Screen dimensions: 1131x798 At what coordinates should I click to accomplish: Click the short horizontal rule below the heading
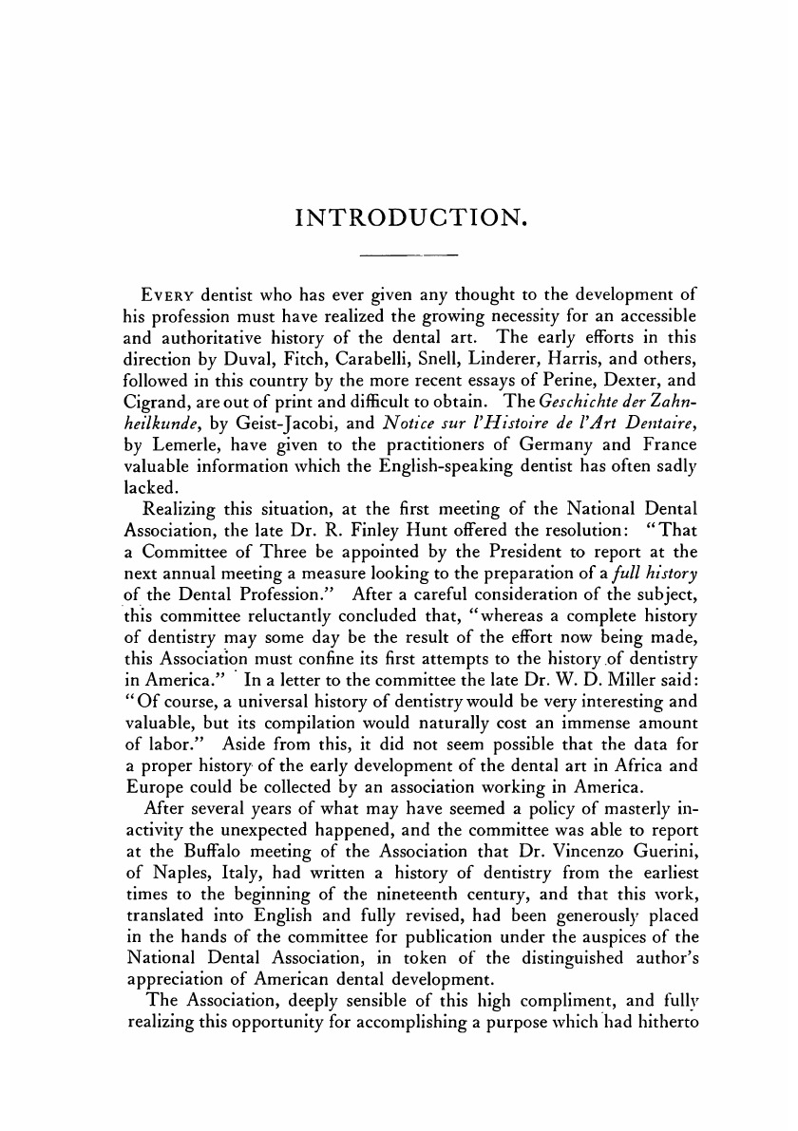(410, 256)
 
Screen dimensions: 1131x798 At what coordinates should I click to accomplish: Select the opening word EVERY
(168, 292)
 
